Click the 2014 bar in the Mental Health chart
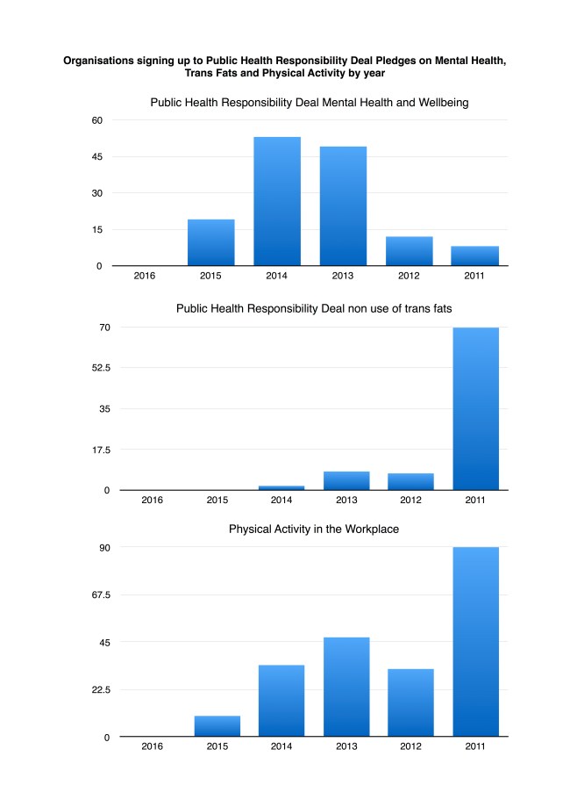coord(277,201)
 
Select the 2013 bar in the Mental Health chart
coord(343,206)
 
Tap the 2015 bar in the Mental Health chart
coord(210,242)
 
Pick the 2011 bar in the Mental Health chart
coord(475,256)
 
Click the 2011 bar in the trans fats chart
coord(475,408)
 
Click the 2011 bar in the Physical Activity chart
coord(475,642)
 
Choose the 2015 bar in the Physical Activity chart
coord(217,726)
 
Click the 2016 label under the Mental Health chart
coord(145,277)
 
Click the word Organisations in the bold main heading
coord(97,61)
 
